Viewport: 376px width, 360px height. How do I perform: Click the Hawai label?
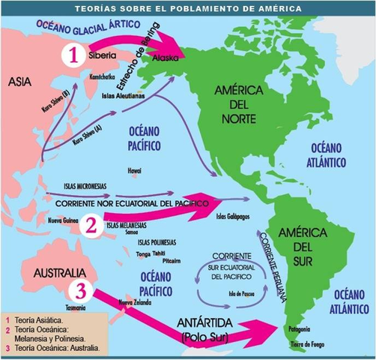(x=135, y=170)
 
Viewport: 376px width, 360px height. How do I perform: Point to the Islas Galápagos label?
(x=233, y=217)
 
